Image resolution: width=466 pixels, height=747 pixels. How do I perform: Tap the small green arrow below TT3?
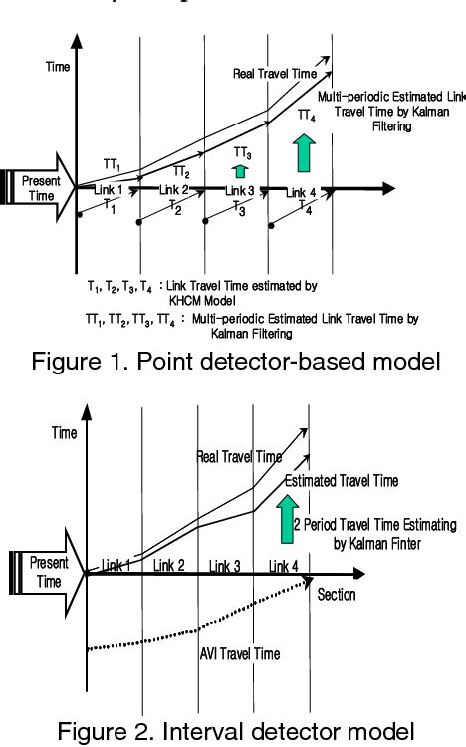[x=240, y=169]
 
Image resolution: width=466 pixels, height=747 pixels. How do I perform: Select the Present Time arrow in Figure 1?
[x=39, y=189]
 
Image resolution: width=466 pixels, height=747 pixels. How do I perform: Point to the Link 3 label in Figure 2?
[x=229, y=566]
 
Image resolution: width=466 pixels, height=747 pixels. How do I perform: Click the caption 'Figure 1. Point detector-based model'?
[x=234, y=362]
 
